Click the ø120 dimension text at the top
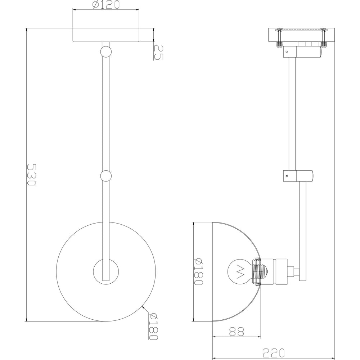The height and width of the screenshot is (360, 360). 105,5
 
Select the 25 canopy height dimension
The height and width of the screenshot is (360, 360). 158,52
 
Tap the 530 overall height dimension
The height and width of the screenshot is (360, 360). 32,175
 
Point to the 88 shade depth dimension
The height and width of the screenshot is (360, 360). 237,331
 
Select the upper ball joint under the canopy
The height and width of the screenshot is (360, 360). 105,51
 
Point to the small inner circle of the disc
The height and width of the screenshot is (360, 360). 105,271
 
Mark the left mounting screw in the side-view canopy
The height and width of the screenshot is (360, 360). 279,38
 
